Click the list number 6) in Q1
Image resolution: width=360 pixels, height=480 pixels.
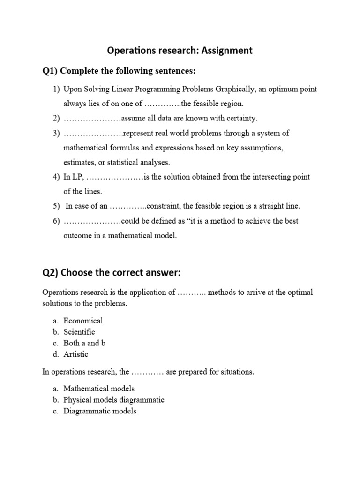pos(56,221)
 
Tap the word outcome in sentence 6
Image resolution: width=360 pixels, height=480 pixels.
pos(77,235)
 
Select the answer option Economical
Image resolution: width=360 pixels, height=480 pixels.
pos(83,321)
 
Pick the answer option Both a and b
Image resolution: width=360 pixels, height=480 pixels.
pos(84,343)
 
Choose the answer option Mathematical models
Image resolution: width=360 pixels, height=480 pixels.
pos(99,389)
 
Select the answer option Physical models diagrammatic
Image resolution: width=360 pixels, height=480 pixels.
pos(114,400)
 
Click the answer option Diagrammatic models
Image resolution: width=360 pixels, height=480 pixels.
pos(100,411)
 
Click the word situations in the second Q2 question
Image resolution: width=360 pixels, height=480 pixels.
pos(236,372)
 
